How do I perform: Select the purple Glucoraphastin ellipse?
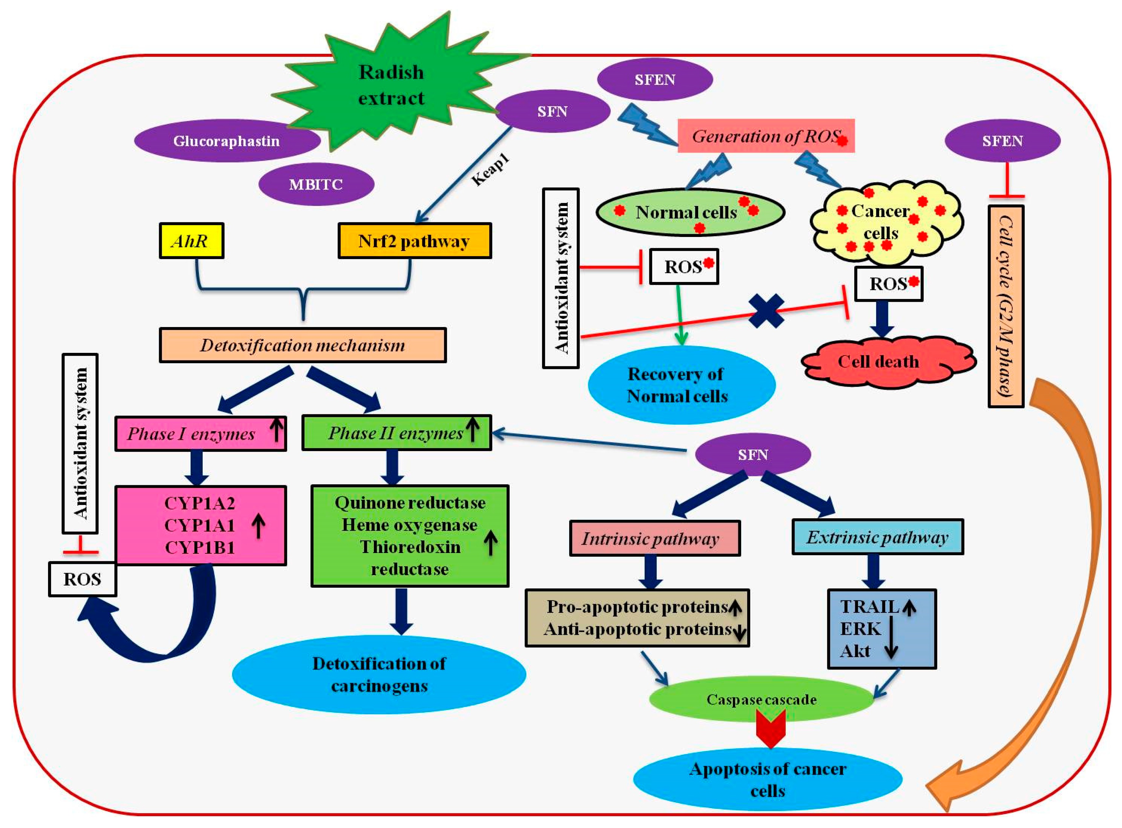coord(227,141)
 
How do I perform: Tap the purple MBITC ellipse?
coord(316,184)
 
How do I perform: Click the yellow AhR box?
coord(191,241)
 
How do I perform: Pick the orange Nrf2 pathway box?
coord(415,241)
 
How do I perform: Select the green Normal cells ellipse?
coord(690,212)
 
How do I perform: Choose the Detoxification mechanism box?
coord(303,345)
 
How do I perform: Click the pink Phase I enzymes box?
coord(200,433)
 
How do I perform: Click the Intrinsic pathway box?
coord(655,538)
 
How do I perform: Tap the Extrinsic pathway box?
coord(878,537)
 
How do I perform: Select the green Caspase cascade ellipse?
coord(761,699)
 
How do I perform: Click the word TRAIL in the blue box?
coord(869,607)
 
